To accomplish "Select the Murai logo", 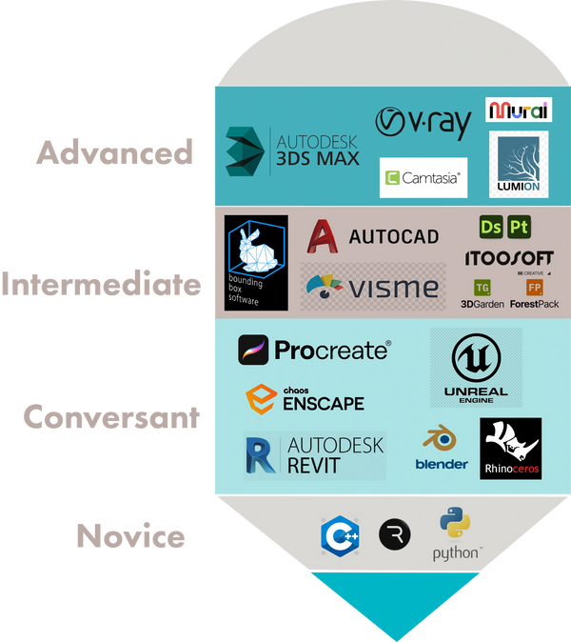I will click(x=519, y=110).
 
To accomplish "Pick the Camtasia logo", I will click(x=423, y=177).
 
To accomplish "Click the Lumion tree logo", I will click(x=519, y=165).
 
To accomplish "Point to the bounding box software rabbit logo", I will click(x=256, y=263).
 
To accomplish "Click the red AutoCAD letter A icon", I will click(x=325, y=236).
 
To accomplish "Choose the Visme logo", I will click(x=371, y=286).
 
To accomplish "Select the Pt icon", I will click(x=519, y=227).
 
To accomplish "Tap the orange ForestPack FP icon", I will click(x=534, y=287).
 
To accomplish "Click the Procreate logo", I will click(x=314, y=350).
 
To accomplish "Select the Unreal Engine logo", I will click(x=476, y=368).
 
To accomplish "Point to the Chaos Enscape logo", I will click(x=305, y=398).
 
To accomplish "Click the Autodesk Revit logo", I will click(x=314, y=454).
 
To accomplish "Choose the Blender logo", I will click(x=441, y=449).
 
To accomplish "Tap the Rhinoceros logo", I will click(x=511, y=448).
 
